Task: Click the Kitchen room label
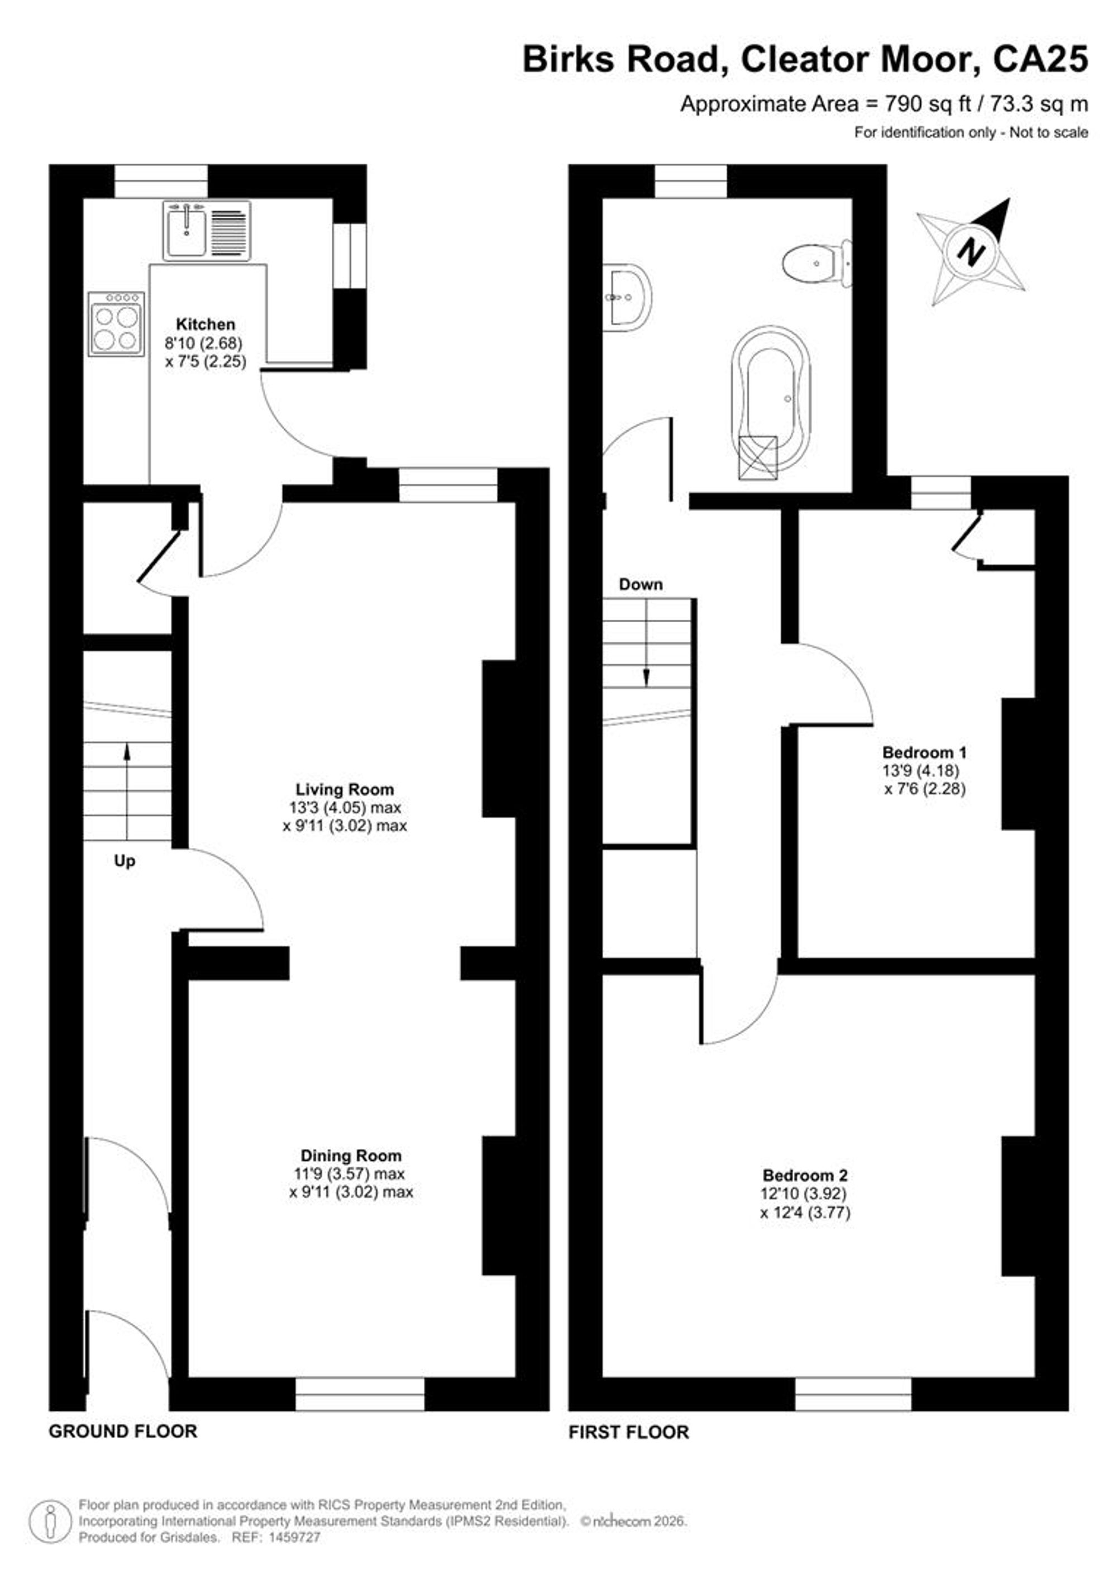pyautogui.click(x=206, y=324)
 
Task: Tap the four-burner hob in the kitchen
pyautogui.click(x=116, y=324)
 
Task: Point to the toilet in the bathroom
pyautogui.click(x=818, y=263)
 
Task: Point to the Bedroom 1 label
pyautogui.click(x=924, y=752)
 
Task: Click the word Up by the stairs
pyautogui.click(x=125, y=862)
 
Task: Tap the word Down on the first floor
pyautogui.click(x=641, y=585)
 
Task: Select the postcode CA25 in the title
pyautogui.click(x=1040, y=59)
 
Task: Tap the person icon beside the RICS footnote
pyautogui.click(x=50, y=1519)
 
